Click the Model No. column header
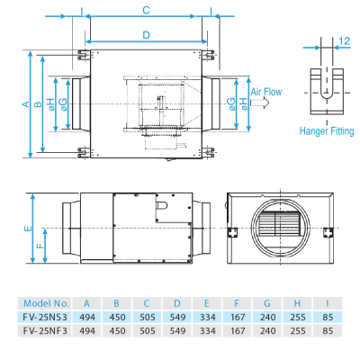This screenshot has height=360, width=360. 48,304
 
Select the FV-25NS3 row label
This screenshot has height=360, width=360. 48,318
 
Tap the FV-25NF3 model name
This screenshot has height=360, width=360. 48,331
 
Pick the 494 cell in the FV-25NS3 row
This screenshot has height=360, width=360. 87,318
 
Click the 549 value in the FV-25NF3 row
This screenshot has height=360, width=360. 177,331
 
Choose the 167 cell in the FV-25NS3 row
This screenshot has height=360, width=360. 237,318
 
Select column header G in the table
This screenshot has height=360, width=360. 267,304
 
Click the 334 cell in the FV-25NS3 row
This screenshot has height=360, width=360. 207,318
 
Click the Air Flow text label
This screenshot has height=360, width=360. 266,93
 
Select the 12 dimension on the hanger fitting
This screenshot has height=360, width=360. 346,41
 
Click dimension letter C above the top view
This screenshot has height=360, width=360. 146,10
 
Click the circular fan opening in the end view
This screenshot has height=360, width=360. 278,228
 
